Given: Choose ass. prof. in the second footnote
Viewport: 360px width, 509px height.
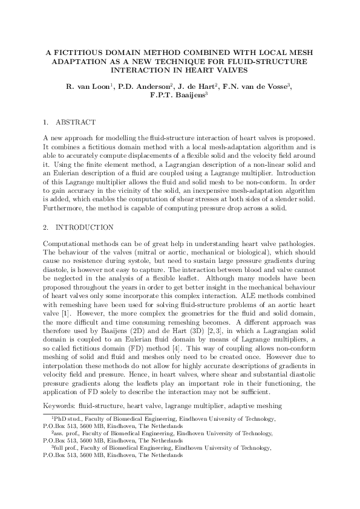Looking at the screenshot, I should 67,433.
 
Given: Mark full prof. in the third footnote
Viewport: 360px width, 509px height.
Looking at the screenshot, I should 68,448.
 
